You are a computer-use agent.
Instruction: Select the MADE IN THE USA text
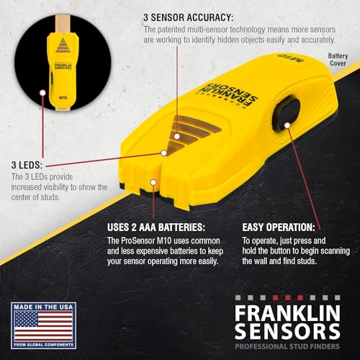43,305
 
